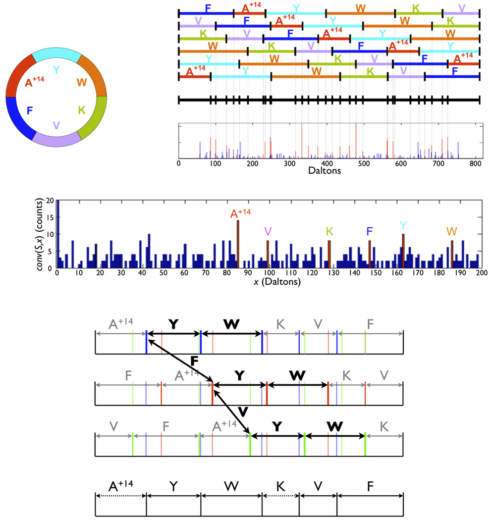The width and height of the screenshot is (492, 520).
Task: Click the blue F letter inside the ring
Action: (30, 110)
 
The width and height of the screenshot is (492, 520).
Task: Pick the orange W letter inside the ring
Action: (82, 82)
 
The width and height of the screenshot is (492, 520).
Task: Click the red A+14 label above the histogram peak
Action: (240, 213)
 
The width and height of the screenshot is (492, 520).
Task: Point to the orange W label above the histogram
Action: (451, 231)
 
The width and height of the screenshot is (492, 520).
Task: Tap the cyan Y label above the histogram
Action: (403, 226)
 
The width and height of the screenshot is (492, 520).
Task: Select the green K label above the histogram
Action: (329, 231)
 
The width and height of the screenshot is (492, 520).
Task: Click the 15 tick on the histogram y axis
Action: (49, 217)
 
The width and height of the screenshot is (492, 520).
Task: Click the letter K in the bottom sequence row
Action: (280, 487)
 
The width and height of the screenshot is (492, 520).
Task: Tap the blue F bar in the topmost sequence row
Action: (206, 13)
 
